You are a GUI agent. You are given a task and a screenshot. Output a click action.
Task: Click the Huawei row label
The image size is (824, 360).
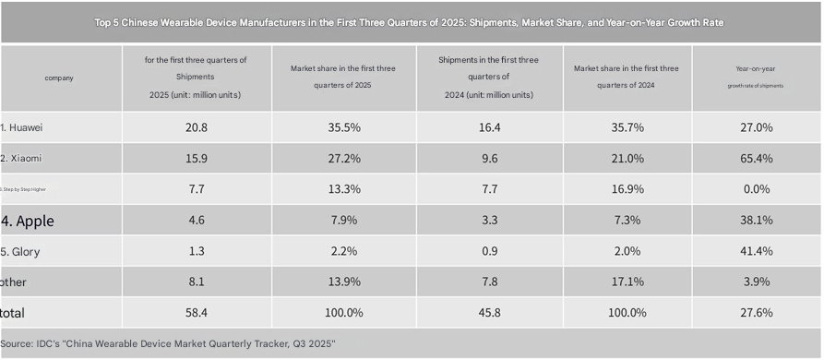tap(22, 127)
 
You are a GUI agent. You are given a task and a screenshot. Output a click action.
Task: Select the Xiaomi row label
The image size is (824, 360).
tap(22, 158)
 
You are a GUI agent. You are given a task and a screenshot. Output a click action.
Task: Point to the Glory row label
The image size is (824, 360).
tap(20, 251)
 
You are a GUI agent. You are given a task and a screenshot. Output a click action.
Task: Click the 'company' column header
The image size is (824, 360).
tap(59, 78)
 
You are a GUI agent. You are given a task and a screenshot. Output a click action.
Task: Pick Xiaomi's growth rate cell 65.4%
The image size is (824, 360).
tap(756, 158)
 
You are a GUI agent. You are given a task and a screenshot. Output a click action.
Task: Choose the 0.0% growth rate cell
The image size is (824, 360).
tap(756, 188)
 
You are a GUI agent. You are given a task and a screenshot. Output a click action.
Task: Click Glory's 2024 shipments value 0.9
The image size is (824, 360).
tap(489, 251)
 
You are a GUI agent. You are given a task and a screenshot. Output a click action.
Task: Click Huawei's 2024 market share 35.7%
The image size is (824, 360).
tap(628, 127)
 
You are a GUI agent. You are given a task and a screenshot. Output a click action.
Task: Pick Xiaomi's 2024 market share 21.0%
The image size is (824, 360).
tap(628, 158)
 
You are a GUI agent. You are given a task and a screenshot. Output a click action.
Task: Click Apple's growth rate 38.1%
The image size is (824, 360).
tap(756, 220)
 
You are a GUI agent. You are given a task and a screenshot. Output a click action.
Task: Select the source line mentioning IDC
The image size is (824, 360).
tap(167, 343)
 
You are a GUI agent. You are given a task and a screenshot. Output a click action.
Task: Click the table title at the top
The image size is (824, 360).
tap(411, 22)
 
